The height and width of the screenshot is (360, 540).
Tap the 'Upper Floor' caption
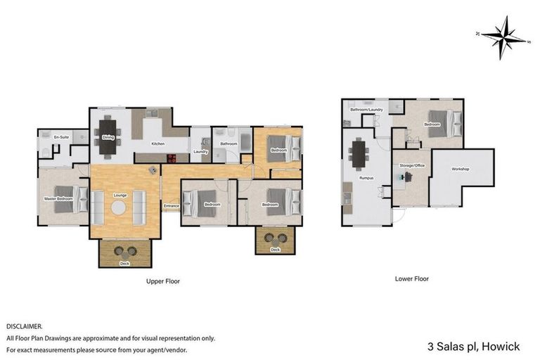tap(163, 281)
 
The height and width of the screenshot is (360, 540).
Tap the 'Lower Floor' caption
tap(411, 278)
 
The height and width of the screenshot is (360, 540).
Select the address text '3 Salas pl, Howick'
tap(474, 347)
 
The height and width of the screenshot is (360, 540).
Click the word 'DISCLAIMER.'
tap(25, 327)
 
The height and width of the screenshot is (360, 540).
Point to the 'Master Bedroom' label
tap(59, 199)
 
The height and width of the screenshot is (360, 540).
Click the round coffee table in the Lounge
tap(117, 207)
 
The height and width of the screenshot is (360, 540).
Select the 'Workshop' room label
tap(461, 169)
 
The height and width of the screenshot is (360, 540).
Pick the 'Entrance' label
tap(172, 206)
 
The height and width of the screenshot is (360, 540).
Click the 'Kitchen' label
tap(159, 144)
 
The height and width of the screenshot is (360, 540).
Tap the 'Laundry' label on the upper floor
tap(200, 150)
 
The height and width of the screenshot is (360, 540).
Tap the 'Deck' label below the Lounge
tap(124, 263)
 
